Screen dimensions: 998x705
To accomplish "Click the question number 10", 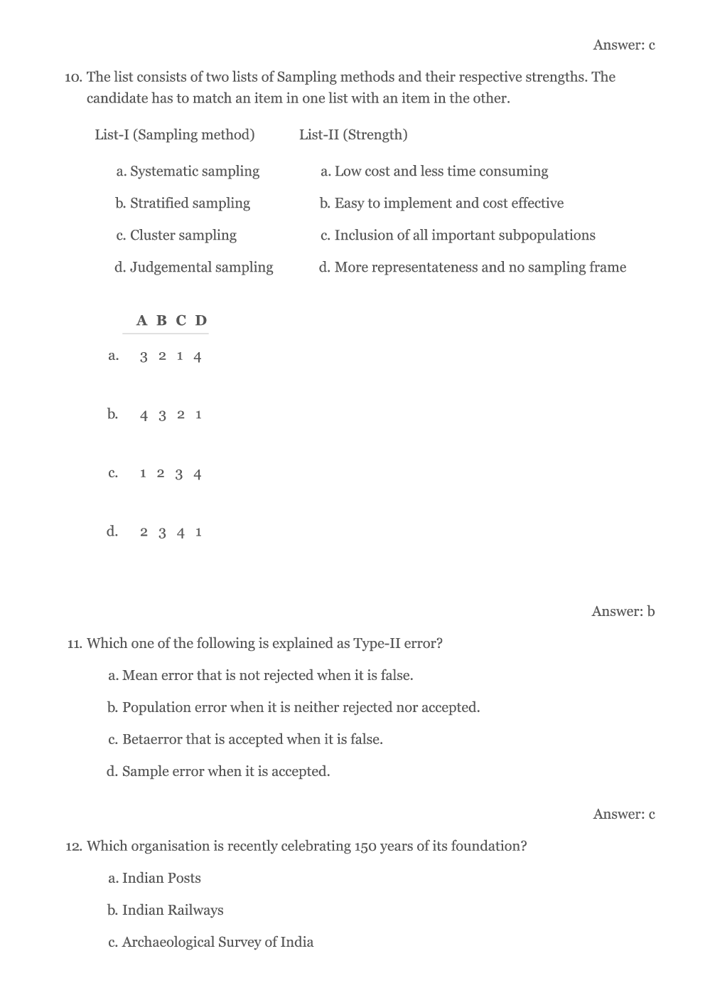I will (x=73, y=78).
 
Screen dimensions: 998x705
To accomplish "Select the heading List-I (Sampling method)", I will (x=175, y=134).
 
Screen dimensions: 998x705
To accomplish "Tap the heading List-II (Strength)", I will (x=353, y=134).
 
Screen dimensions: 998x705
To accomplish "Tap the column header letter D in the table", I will (x=201, y=321).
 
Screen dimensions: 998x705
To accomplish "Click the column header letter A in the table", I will (x=142, y=321).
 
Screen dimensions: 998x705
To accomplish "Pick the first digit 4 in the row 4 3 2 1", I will (x=144, y=415).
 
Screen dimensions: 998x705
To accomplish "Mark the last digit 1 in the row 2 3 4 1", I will (x=198, y=532).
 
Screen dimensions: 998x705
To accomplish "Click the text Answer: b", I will (x=623, y=611).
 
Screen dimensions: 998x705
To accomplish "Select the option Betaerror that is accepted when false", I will (x=252, y=740).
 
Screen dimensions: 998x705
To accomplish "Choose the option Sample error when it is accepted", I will (x=226, y=772).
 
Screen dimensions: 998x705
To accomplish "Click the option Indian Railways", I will (x=172, y=911).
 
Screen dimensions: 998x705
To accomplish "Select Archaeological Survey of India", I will (x=217, y=943).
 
